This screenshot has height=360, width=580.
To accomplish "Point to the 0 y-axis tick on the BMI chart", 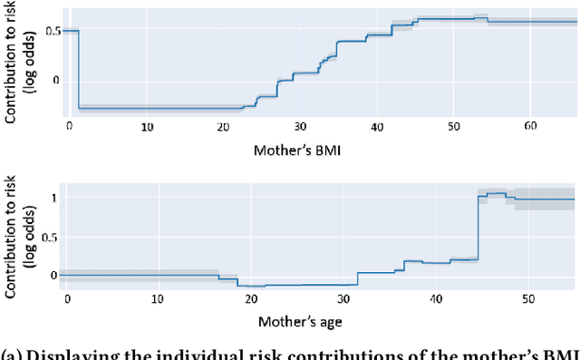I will pos(55,81).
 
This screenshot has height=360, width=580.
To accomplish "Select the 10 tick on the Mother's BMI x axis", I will pos(147,126).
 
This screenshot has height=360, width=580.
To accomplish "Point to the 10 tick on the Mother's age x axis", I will pos(157,297).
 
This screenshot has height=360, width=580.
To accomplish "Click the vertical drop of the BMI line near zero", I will pos(79,70).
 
